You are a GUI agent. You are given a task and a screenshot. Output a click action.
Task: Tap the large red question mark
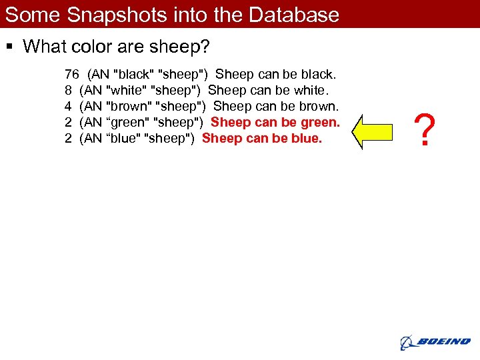425,130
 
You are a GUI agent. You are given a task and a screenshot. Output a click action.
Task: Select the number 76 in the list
72,74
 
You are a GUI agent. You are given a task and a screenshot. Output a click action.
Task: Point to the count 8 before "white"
68,90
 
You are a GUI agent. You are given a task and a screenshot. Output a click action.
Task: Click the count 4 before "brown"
68,106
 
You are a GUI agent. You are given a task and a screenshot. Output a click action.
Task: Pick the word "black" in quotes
132,74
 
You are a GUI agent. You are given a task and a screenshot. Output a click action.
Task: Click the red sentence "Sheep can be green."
275,122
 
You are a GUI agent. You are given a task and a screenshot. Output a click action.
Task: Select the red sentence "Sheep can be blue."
261,138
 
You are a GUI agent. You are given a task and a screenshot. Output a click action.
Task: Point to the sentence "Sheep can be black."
275,74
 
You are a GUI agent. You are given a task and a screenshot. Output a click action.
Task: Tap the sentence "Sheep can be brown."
276,106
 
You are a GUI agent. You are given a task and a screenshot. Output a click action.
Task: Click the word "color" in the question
93,47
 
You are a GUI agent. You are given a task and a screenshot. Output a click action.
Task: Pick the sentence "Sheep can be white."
268,90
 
